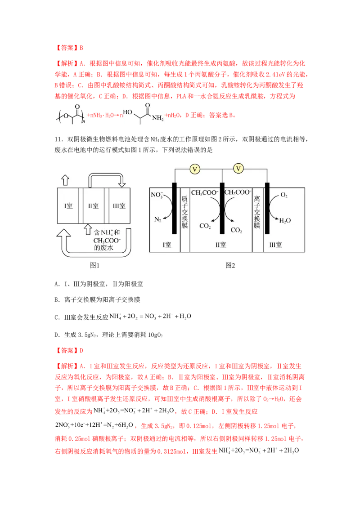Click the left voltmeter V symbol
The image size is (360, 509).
point(195,169)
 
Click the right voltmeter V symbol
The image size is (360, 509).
point(239,169)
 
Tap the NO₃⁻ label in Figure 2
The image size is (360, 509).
point(157,196)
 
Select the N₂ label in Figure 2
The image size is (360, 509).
point(157,220)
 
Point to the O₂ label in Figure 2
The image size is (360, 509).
point(284,196)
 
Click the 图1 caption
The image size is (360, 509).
point(94,265)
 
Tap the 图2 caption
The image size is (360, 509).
point(230,265)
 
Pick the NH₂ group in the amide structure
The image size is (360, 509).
point(158,119)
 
